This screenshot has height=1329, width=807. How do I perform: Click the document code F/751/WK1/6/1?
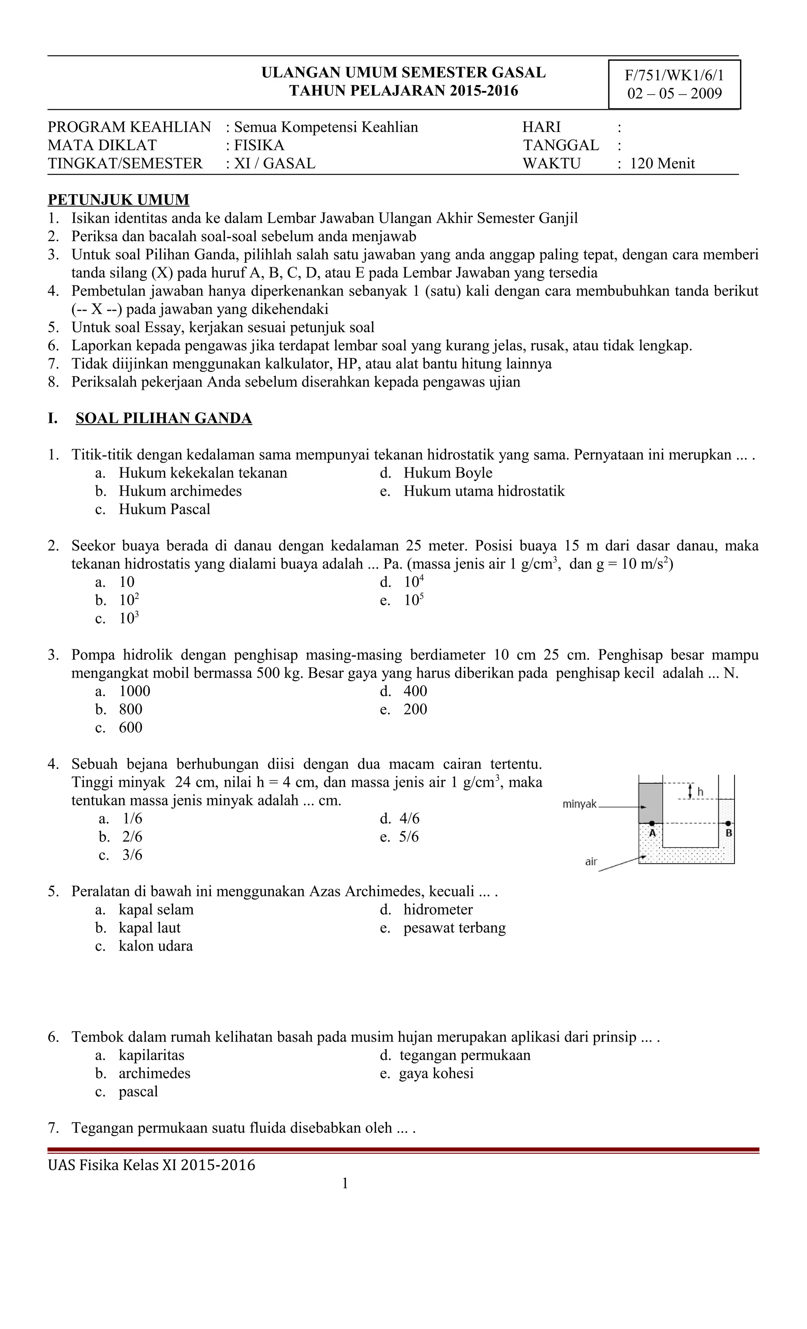[674, 76]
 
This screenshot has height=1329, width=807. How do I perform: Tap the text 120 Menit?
[662, 164]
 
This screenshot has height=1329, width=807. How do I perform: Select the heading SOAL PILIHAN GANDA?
[164, 418]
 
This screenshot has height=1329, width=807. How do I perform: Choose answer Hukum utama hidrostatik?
[483, 491]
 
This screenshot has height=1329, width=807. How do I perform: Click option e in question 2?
[413, 600]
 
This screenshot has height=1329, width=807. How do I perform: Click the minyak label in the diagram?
[579, 804]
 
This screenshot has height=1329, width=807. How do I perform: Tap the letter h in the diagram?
[700, 792]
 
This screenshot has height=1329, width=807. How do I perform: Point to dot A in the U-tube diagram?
[652, 823]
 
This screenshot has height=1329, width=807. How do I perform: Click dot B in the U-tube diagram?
[728, 823]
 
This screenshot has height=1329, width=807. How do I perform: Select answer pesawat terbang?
[454, 928]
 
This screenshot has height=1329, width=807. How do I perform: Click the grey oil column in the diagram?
[651, 803]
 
